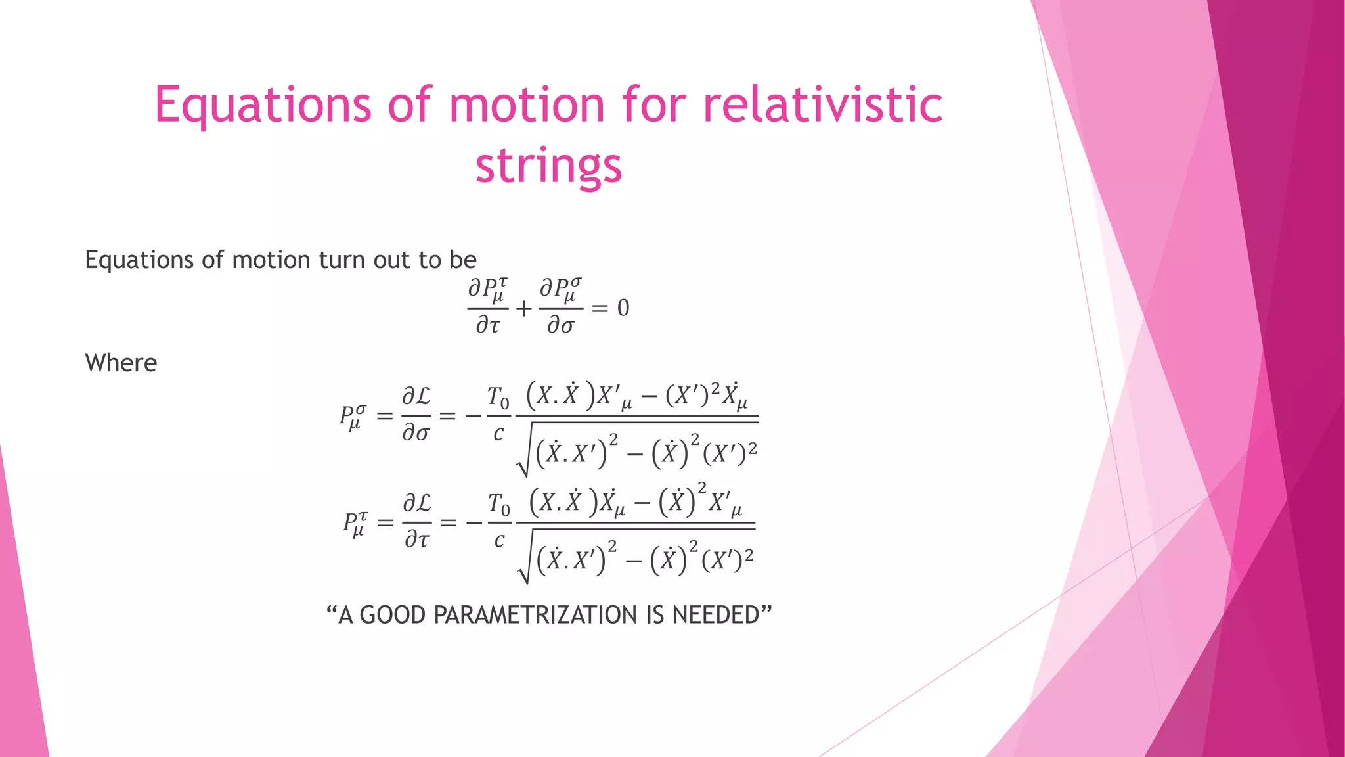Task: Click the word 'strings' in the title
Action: point(548,166)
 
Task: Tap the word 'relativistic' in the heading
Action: point(823,105)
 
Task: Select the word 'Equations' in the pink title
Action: point(263,105)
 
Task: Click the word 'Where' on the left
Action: point(121,363)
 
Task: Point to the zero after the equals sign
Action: point(623,308)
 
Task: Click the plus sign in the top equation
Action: point(523,308)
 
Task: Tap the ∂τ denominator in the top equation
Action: point(488,325)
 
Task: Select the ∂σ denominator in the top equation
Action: point(561,325)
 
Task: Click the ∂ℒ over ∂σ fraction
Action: point(416,415)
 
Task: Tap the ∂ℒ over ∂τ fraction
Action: point(417,522)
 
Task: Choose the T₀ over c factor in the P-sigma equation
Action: point(498,415)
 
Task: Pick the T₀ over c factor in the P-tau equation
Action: point(499,522)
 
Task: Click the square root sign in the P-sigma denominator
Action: point(523,460)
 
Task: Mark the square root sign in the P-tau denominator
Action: point(524,566)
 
